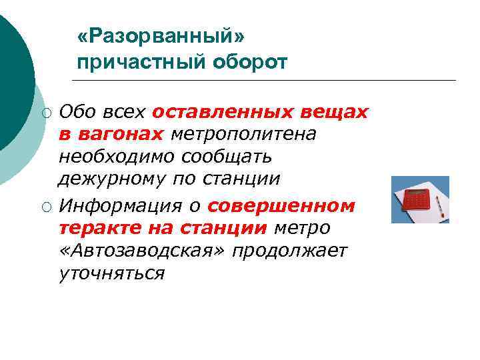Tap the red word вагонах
point(121,134)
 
